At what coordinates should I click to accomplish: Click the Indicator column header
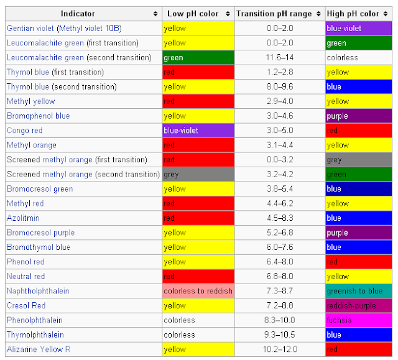[x=78, y=13]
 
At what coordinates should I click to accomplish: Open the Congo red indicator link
[x=24, y=131]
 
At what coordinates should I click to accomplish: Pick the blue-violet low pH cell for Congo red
[x=198, y=131]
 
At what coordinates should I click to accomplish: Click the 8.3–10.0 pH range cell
[x=280, y=320]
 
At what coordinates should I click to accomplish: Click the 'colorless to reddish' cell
[x=198, y=291]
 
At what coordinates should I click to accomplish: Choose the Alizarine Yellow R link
[x=39, y=349]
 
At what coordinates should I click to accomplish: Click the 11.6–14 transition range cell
[x=280, y=58]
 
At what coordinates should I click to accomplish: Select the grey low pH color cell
[x=198, y=175]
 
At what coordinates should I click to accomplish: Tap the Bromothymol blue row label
[x=39, y=247]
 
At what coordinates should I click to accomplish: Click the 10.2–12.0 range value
[x=280, y=349]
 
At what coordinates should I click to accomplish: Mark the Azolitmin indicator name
[x=22, y=218]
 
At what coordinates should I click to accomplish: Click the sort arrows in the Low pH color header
[x=228, y=13]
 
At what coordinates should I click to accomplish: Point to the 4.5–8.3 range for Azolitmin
[x=280, y=218]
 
